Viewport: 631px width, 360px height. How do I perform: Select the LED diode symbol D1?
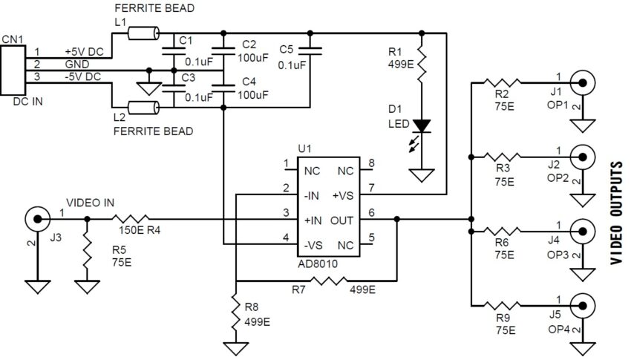click(x=422, y=126)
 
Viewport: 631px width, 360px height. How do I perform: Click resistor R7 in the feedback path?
click(x=328, y=281)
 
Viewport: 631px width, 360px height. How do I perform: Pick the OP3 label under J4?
click(x=558, y=255)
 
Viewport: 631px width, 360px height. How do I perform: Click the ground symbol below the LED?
click(x=422, y=177)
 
